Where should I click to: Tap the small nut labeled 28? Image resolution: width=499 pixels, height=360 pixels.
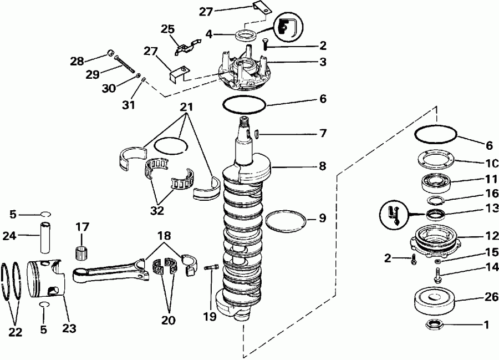point(111,54)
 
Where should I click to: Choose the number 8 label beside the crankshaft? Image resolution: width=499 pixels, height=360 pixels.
point(322,165)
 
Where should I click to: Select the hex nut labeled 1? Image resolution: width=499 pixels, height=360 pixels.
point(432,324)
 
